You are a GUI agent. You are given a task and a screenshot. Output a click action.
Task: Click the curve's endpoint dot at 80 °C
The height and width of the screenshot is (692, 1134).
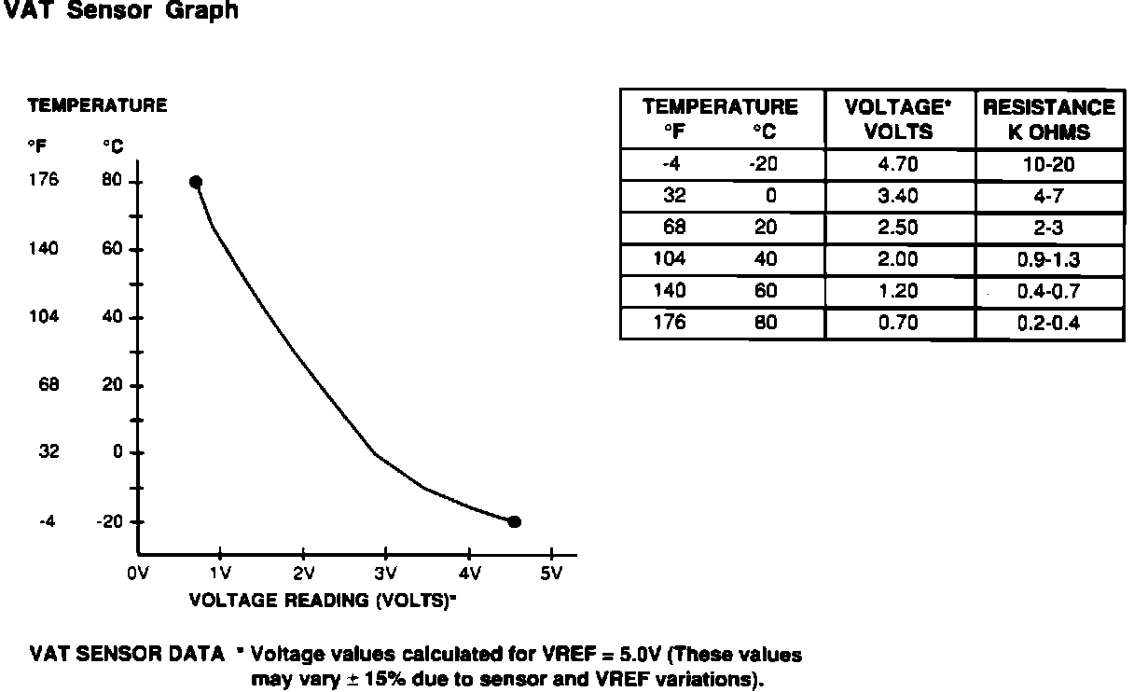(x=195, y=182)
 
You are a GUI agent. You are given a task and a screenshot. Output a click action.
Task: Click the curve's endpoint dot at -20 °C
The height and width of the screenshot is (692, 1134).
(x=514, y=522)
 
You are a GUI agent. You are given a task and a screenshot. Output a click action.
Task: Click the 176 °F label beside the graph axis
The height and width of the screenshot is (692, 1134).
(x=44, y=181)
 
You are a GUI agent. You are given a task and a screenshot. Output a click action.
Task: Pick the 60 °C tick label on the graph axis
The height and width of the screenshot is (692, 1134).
(x=112, y=249)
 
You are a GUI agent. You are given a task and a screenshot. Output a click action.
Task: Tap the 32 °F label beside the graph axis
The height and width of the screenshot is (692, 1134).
(x=49, y=452)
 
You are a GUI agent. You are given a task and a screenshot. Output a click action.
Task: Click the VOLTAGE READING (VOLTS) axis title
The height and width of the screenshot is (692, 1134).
(x=323, y=600)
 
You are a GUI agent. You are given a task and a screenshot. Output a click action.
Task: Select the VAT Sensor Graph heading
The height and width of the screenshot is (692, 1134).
(x=121, y=12)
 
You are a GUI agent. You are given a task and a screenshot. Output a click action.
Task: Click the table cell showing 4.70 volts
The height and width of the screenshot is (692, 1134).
(x=899, y=165)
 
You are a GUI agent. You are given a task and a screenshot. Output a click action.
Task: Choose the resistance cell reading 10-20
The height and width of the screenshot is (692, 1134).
(x=1049, y=165)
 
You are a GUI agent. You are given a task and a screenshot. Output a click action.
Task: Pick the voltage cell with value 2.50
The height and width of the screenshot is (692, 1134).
(x=899, y=228)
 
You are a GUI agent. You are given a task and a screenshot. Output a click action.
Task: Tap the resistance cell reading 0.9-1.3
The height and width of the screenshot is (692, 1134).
(x=1049, y=260)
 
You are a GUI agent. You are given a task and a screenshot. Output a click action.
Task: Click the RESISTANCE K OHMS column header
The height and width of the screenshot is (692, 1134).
(x=1049, y=119)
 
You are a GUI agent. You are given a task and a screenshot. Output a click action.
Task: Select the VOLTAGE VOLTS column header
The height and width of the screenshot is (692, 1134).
(x=899, y=119)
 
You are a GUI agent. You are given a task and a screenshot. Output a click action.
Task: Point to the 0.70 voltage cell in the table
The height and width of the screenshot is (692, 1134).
(x=899, y=324)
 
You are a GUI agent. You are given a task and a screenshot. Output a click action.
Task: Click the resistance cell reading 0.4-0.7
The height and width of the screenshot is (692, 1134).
(x=1049, y=292)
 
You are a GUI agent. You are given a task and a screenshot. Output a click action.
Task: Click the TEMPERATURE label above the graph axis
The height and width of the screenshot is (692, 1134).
(x=98, y=105)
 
